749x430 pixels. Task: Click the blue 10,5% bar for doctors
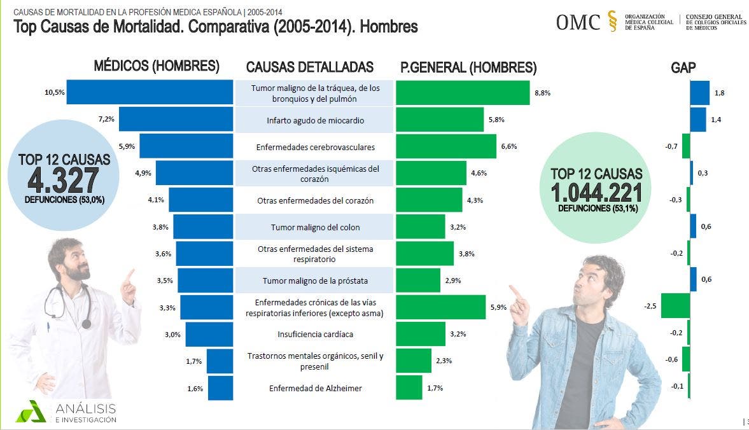click(150, 92)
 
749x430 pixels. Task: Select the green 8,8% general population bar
click(463, 93)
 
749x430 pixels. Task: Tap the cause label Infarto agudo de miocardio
click(315, 120)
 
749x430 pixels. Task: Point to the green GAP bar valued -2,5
click(675, 306)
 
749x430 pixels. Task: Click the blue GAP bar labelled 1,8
click(699, 93)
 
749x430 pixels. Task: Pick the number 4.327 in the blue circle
click(63, 181)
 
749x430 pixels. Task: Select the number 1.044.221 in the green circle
click(596, 193)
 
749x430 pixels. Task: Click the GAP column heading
click(683, 67)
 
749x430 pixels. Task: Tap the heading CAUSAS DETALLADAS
click(310, 67)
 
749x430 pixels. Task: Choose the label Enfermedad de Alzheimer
click(315, 388)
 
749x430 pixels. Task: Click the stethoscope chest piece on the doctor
click(87, 324)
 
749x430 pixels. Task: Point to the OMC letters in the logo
click(578, 22)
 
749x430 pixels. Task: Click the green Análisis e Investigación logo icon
click(31, 411)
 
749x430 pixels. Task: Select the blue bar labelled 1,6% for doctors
click(220, 388)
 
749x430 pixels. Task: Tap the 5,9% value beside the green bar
click(498, 307)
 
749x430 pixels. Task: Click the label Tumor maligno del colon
click(315, 227)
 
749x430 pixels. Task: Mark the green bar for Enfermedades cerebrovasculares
click(445, 146)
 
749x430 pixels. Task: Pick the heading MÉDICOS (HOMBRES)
click(157, 66)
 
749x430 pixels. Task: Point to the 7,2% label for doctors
click(106, 120)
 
